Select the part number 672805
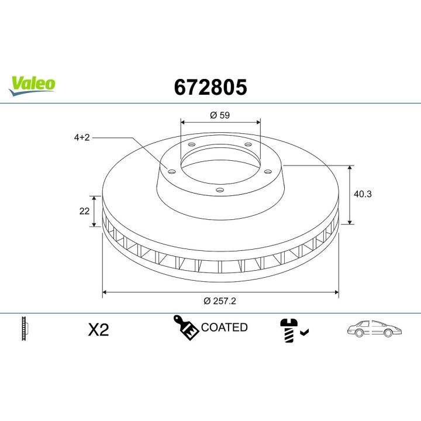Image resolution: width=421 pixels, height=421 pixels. coord(210,87)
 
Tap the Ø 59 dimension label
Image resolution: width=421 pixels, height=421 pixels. coord(220,115)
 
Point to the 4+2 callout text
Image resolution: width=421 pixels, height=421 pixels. coord(82,137)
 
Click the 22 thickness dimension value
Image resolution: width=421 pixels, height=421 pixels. coord(84,211)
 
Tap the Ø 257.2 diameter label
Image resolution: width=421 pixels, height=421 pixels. coord(220,301)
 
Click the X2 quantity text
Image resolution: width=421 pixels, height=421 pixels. coord(98,330)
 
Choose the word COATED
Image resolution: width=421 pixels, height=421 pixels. coord(225,327)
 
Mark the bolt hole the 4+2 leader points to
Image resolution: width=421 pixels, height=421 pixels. coord(171,171)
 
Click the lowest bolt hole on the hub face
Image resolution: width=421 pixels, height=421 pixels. coord(219,189)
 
